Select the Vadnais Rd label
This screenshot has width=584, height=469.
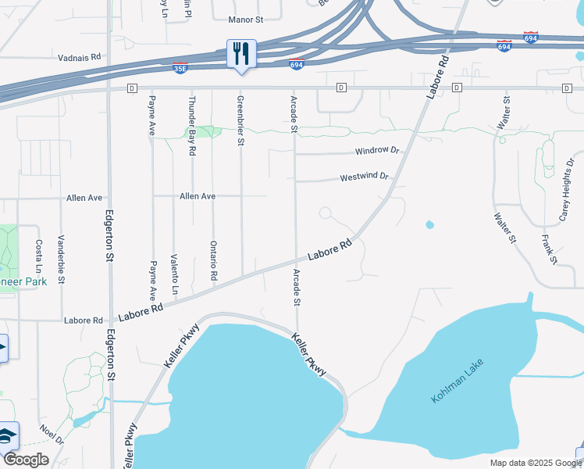[x=80, y=57]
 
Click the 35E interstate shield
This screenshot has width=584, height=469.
[x=180, y=68]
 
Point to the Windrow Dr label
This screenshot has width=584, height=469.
[x=377, y=150]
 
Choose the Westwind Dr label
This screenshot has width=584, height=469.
[x=364, y=177]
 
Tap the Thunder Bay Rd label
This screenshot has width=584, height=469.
[x=191, y=126]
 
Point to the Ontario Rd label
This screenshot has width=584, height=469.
[x=212, y=261]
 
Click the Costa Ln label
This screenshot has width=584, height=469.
[x=38, y=256]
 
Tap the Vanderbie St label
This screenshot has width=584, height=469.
[x=61, y=258]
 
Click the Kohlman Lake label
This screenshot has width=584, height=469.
[x=458, y=381]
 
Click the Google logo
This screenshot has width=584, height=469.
[x=26, y=460]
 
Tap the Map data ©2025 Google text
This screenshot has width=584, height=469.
[x=535, y=463]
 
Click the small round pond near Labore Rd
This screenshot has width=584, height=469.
[x=429, y=225]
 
